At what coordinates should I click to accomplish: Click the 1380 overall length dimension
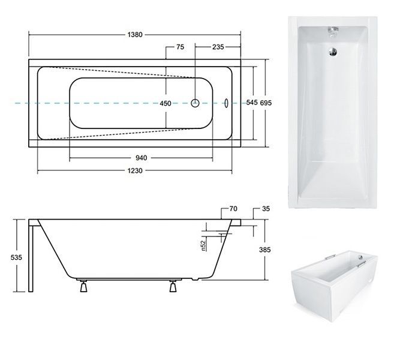pos(135,34)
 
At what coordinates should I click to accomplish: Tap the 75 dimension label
pos(181,47)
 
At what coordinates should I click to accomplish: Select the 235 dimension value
pos(218,47)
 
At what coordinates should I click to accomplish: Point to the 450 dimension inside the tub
pos(166,103)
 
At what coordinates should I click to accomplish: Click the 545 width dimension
pos(252,103)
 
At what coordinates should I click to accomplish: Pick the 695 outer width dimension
pos(266,103)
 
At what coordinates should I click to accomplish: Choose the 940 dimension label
pos(141,158)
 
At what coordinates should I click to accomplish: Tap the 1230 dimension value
pos(135,170)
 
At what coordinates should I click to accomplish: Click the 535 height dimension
pos(16,257)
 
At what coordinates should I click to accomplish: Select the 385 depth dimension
pos(265,250)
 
